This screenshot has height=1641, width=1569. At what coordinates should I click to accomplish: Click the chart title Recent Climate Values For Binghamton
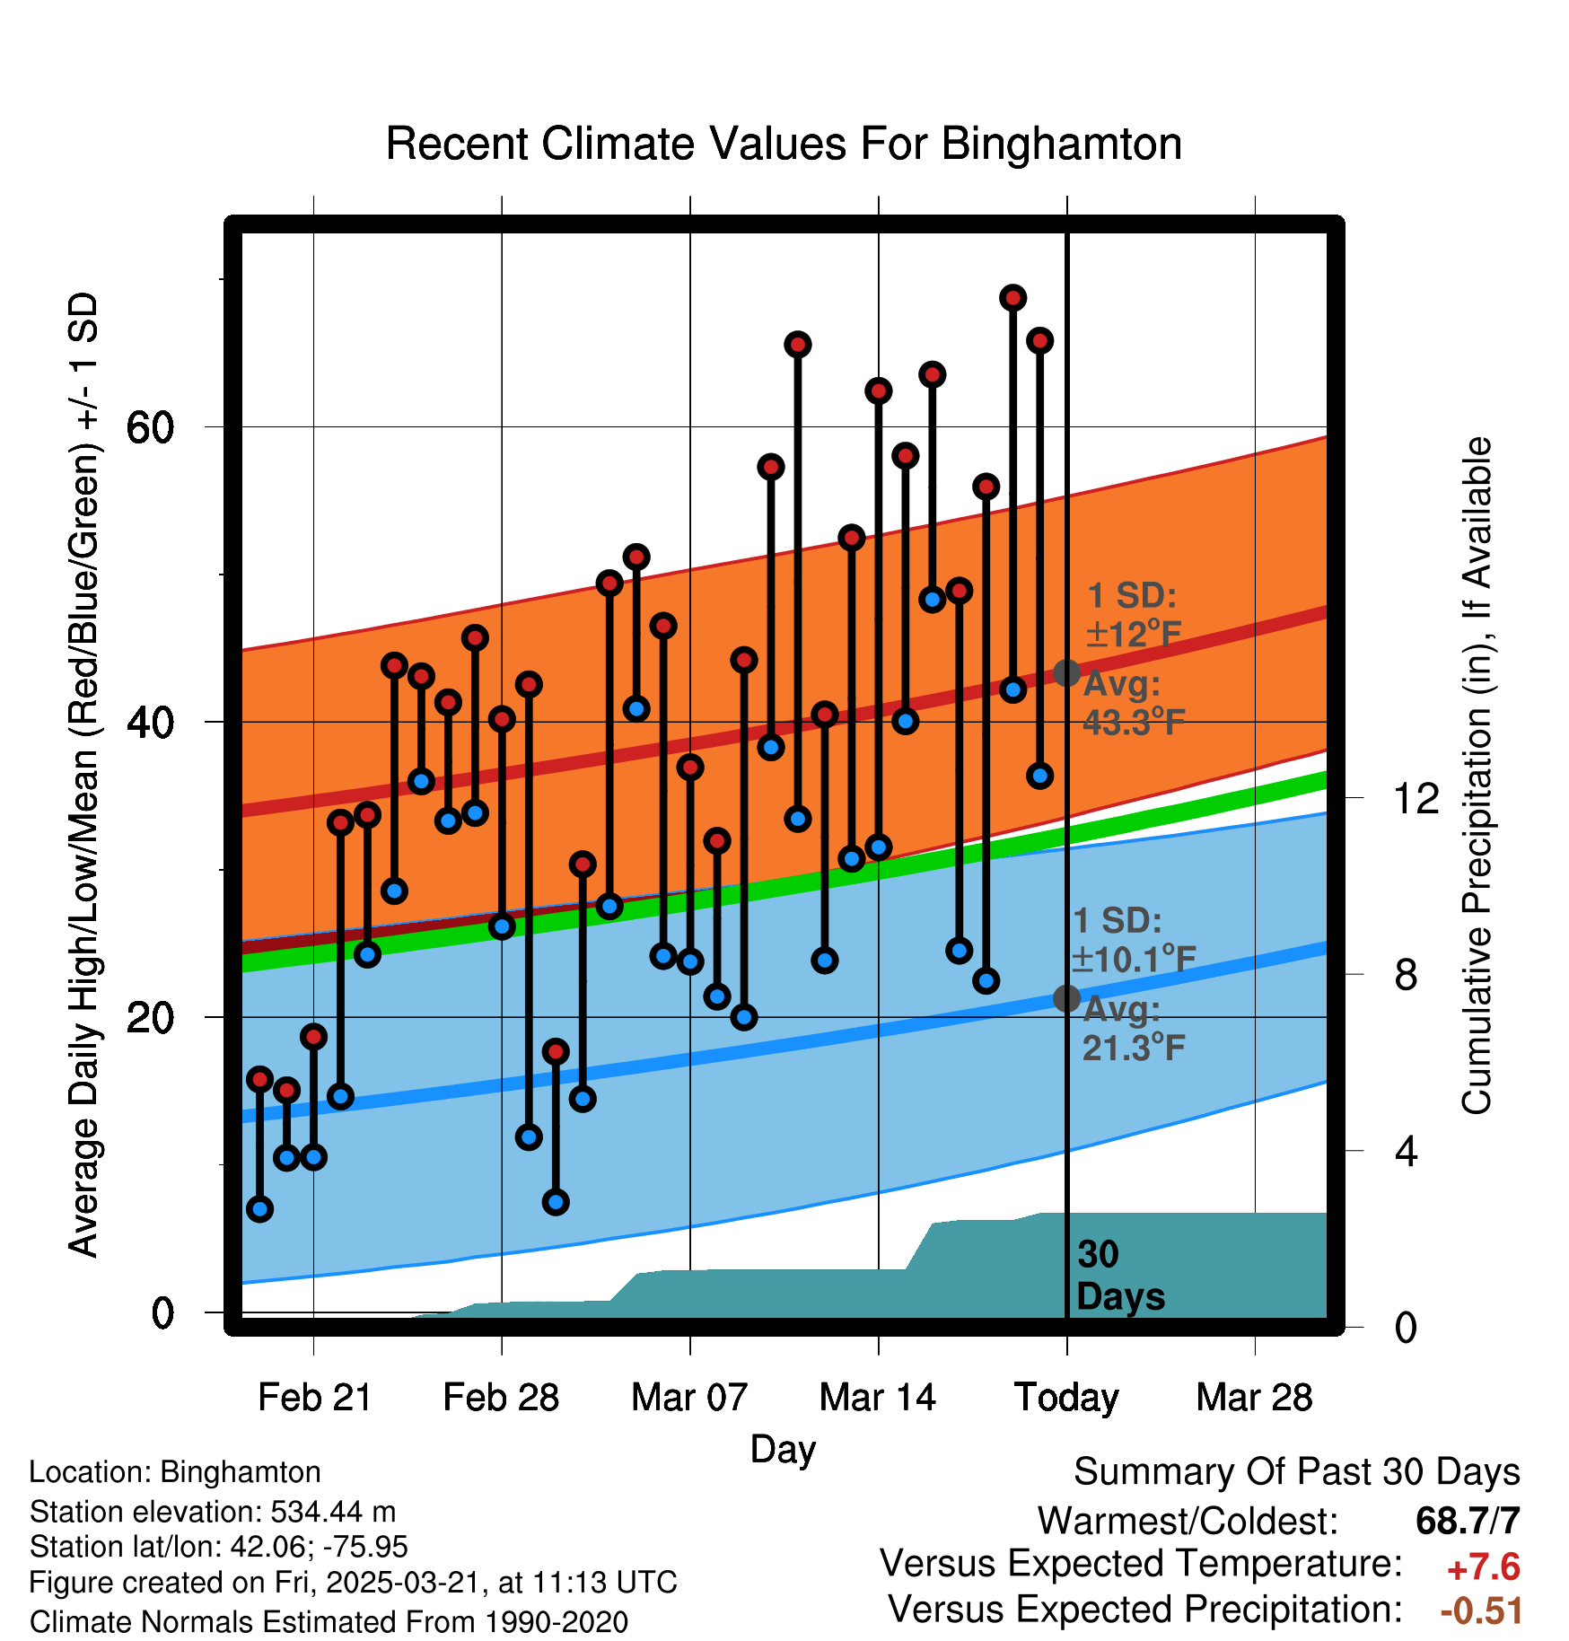click(x=783, y=144)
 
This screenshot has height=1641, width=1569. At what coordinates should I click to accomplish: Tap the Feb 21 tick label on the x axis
click(x=314, y=1398)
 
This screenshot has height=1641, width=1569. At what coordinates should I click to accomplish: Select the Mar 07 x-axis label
click(x=689, y=1398)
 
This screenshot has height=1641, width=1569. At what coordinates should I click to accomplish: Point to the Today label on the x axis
click(x=1066, y=1398)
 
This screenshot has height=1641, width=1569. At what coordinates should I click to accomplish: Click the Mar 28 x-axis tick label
click(x=1254, y=1398)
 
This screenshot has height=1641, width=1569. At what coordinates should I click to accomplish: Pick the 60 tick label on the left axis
click(x=150, y=427)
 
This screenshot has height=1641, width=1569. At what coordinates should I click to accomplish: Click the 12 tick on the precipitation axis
click(x=1416, y=798)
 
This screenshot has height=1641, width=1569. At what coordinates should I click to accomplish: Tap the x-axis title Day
click(x=783, y=1449)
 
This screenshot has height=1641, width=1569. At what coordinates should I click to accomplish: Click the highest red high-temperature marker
click(x=1013, y=298)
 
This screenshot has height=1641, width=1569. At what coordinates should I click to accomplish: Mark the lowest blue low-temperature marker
click(x=260, y=1209)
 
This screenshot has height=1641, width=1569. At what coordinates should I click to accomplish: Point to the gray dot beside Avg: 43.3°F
click(x=1066, y=672)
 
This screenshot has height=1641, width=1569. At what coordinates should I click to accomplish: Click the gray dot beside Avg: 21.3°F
click(x=1066, y=998)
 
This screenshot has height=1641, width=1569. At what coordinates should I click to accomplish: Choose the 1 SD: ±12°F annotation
click(x=1133, y=615)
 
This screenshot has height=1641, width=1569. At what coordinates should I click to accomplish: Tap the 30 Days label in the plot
click(x=1120, y=1276)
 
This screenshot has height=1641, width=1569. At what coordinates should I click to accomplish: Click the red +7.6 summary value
click(x=1483, y=1568)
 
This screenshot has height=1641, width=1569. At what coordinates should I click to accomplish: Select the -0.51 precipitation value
click(x=1481, y=1611)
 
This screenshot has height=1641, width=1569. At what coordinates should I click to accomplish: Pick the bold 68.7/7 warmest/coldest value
click(x=1468, y=1521)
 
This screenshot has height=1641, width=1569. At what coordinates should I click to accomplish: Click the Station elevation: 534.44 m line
click(x=213, y=1512)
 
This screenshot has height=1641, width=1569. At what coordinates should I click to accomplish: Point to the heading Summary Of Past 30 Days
click(x=1296, y=1472)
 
